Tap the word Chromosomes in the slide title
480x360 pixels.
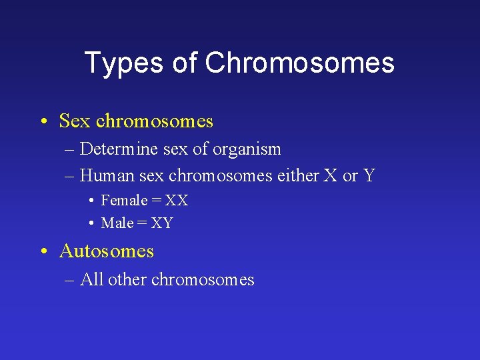tap(299, 63)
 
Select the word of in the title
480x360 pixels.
tap(185, 63)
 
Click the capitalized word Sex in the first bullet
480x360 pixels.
tap(75, 121)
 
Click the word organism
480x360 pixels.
tap(247, 150)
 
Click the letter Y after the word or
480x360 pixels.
tap(369, 175)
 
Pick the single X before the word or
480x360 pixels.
tap(330, 175)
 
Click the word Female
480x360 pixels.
tap(124, 200)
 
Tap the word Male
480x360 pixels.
tap(117, 223)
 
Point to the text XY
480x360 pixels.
tap(162, 223)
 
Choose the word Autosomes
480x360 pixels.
tap(106, 251)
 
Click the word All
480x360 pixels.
tap(91, 279)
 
